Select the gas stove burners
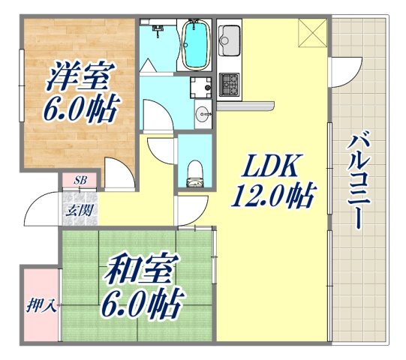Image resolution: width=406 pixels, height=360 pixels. click(x=230, y=81)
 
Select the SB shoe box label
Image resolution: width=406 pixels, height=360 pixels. click(x=80, y=181)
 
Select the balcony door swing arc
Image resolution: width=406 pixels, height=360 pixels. click(x=341, y=71)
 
